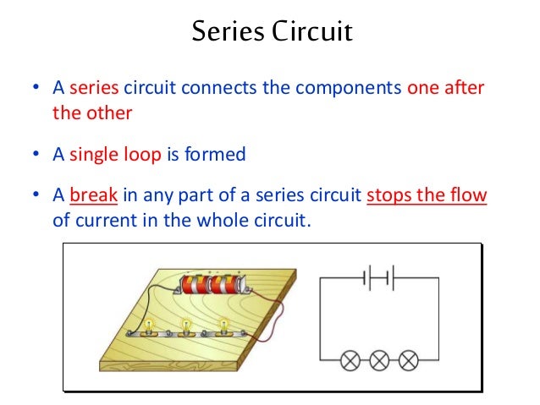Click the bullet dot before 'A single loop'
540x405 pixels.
[35, 155]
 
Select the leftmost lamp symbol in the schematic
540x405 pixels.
[350, 361]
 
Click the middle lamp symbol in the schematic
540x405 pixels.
[379, 361]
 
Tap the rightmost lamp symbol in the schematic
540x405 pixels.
[408, 361]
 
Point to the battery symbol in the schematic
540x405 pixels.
[378, 277]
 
